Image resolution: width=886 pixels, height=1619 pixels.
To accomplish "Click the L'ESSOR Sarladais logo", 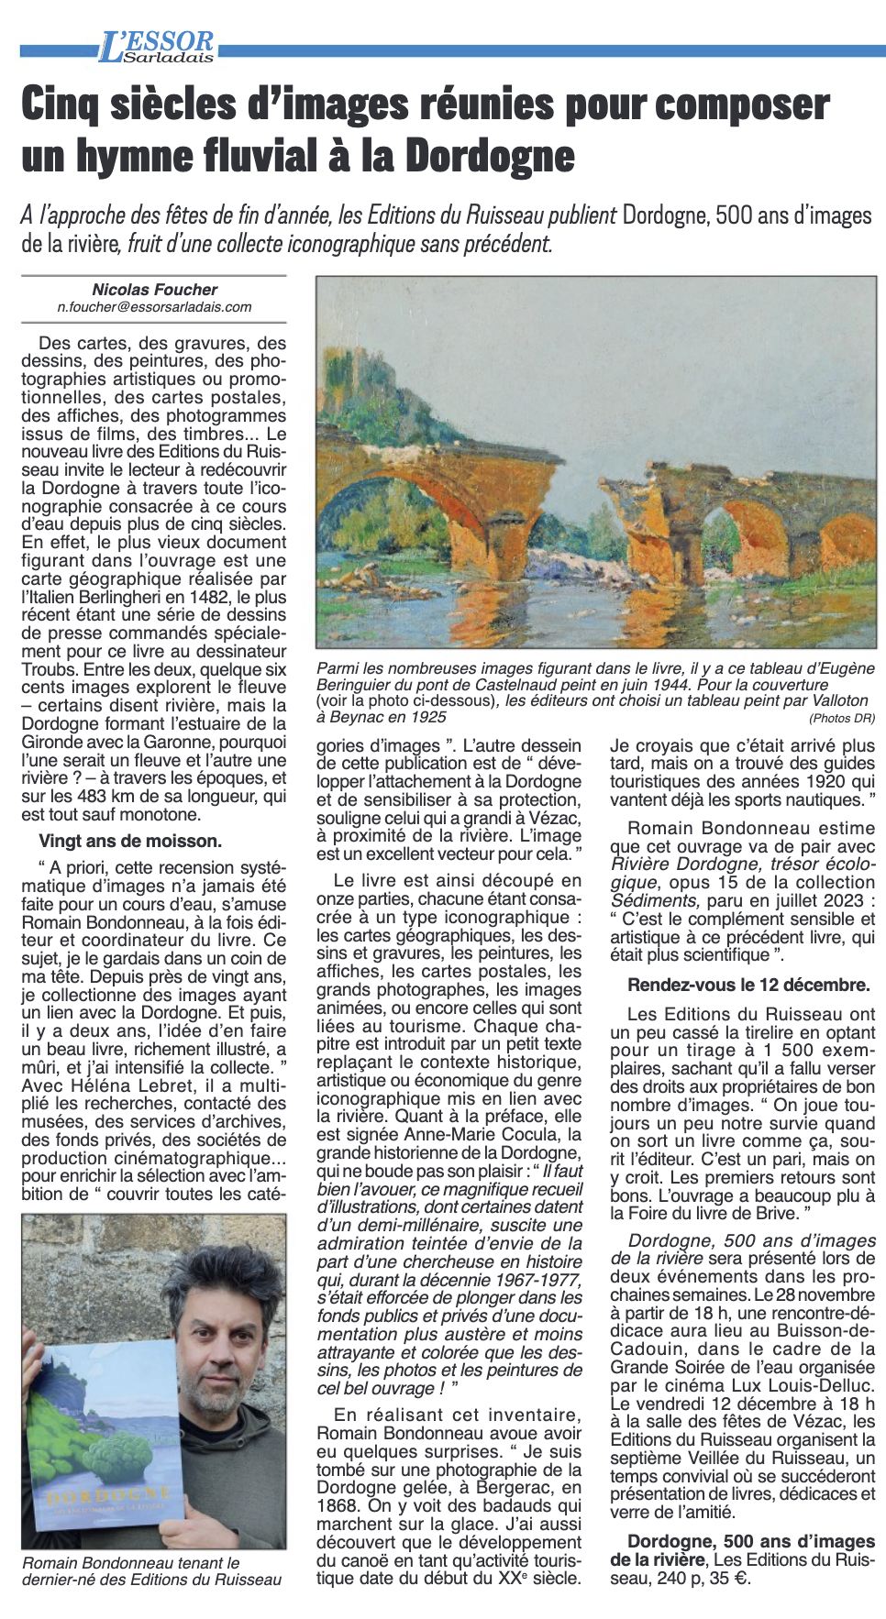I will tap(157, 47).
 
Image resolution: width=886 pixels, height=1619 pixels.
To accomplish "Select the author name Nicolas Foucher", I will tap(154, 290).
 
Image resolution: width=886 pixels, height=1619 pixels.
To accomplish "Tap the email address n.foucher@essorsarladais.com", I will tap(154, 307).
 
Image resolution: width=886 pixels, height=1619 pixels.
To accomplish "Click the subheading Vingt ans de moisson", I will tap(130, 841).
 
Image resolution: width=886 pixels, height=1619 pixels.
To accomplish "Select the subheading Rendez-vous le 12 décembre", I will tap(748, 985).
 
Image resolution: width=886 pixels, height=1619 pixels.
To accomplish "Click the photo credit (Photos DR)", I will tap(841, 719).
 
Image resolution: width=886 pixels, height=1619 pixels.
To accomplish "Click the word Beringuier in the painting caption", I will tap(360, 685).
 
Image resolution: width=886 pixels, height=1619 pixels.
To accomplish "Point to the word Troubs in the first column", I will tap(49, 669).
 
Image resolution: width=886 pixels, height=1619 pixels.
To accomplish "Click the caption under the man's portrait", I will tap(151, 1570).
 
